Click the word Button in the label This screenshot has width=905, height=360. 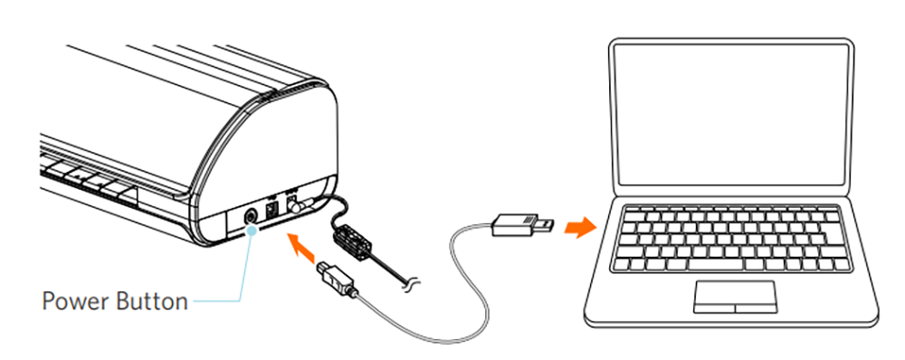point(152,301)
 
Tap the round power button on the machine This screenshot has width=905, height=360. point(252,217)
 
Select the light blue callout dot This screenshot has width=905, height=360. point(252,231)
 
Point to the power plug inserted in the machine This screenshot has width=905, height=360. point(296,204)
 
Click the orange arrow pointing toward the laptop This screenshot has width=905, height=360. point(580,227)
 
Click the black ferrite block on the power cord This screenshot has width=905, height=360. point(353,240)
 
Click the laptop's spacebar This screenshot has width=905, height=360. point(732,264)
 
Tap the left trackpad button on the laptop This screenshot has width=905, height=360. point(715,306)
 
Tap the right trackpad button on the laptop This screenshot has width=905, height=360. point(756,306)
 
